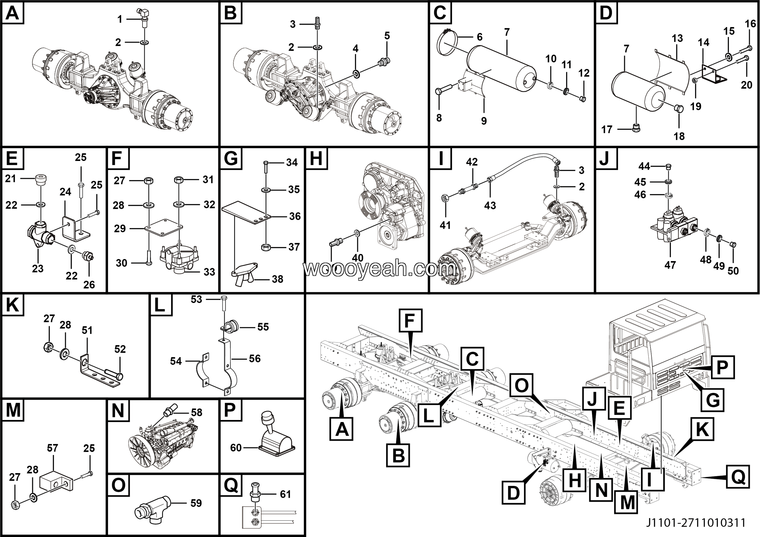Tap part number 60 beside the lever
[236, 448]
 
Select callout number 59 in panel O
[196, 503]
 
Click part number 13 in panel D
[677, 38]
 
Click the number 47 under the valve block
[670, 265]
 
